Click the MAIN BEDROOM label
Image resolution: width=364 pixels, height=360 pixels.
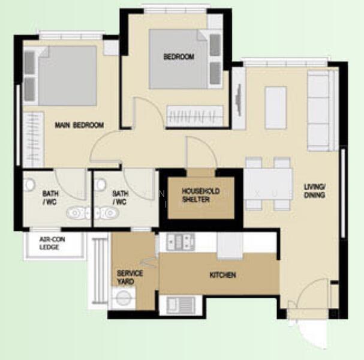tap(79, 125)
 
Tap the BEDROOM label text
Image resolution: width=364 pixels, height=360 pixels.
tap(179, 57)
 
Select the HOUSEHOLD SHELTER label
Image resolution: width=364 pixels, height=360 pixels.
tap(200, 195)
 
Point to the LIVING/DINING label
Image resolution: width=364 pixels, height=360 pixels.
tap(314, 191)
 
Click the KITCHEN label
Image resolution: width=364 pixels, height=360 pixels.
tap(222, 275)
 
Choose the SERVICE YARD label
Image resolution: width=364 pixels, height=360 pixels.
tap(130, 277)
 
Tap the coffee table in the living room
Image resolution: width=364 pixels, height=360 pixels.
tap(275, 107)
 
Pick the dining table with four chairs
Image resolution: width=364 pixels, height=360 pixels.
tap(267, 184)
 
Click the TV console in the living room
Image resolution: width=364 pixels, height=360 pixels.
tap(239, 98)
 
